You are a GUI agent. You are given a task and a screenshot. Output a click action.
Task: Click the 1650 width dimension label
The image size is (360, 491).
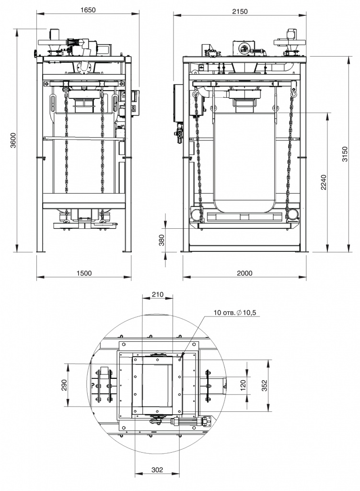pos(88,10)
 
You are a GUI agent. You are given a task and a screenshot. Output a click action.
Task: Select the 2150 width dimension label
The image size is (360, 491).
pos(240,12)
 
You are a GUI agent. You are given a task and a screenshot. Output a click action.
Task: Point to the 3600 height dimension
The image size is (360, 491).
pos(12,140)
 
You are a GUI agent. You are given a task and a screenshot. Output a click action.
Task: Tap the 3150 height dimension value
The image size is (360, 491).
pos(345,154)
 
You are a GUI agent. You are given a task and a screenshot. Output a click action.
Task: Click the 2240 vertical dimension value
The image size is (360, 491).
pos(324,182)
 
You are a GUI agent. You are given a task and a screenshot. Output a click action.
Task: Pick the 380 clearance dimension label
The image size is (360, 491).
pos(162,240)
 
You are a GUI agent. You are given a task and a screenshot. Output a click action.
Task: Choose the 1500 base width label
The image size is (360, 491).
pos(84,273)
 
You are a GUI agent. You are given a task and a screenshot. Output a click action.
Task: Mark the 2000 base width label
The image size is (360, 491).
pos(244,273)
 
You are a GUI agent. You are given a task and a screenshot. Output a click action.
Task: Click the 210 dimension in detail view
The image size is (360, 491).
pos(157,294)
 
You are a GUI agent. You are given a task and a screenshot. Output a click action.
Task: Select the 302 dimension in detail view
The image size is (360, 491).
pos(157,470)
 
